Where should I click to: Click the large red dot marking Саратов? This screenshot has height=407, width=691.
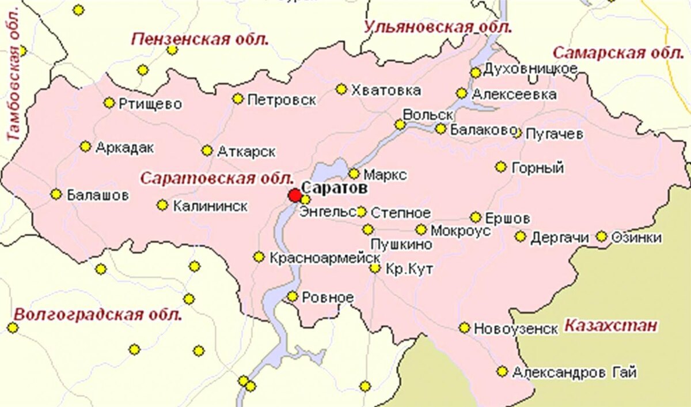(x=295, y=195)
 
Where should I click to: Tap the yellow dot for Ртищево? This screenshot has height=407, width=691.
(x=109, y=103)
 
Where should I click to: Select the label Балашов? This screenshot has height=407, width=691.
(x=97, y=195)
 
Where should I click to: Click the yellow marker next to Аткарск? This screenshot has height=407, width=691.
(x=207, y=151)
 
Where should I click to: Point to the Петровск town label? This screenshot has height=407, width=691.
(x=282, y=100)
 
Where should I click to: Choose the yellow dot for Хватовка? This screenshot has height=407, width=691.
(x=341, y=89)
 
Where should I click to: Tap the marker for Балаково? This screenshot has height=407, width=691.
(x=441, y=129)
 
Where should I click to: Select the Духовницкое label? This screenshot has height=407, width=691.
(x=530, y=69)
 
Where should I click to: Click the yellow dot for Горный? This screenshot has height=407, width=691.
(x=500, y=167)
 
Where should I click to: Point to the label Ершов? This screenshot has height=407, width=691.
(x=507, y=218)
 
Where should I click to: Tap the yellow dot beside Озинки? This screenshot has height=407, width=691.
(x=601, y=236)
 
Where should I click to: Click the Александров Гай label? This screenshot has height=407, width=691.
(x=574, y=373)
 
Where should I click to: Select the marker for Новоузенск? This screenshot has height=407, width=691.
(x=464, y=328)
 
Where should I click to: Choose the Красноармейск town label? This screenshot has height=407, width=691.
(x=325, y=258)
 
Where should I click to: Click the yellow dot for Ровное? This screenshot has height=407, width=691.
(x=293, y=296)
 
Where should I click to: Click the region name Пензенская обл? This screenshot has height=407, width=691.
(x=200, y=39)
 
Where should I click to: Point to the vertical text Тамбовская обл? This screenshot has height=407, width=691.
(x=14, y=75)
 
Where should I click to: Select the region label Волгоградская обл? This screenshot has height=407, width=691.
(x=97, y=315)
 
